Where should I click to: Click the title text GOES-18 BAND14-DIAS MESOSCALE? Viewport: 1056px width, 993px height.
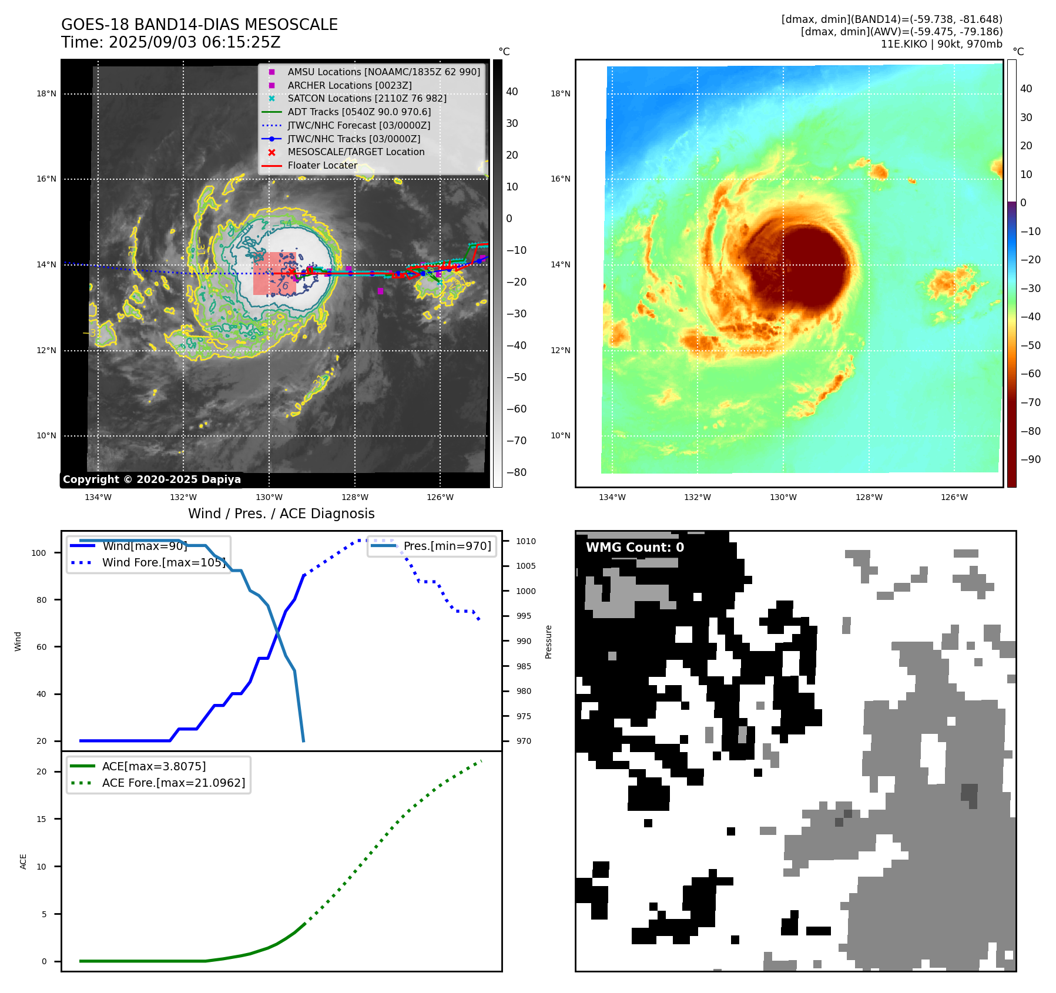(199, 25)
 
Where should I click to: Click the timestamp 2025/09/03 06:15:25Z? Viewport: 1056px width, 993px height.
(195, 42)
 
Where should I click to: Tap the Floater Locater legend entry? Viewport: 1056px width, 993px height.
(322, 165)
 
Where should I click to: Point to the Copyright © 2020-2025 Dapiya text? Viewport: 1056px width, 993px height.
(152, 479)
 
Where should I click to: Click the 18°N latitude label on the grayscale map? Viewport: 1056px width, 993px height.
(46, 93)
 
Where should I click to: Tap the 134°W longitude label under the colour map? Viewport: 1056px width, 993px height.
(612, 497)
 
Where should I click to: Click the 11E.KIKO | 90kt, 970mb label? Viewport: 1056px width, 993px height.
(941, 44)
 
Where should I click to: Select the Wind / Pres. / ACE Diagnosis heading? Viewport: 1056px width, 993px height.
(281, 514)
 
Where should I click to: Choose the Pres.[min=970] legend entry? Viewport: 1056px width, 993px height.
(447, 546)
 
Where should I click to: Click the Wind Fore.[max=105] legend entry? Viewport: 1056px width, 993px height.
(163, 562)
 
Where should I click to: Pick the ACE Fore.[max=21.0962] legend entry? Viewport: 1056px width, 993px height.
(173, 783)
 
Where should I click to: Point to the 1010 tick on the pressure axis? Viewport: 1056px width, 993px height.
(526, 541)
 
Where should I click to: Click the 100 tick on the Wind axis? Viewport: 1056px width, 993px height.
(39, 553)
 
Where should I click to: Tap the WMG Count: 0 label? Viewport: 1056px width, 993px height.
(635, 548)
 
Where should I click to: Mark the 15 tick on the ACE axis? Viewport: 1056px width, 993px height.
(41, 819)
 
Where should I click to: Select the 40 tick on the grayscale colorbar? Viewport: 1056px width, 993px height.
(512, 92)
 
